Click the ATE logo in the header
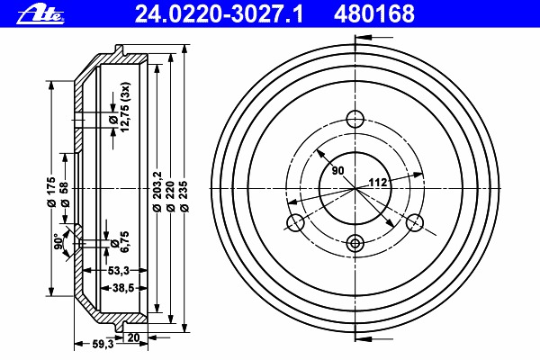[x=40, y=15]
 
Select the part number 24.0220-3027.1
[x=219, y=13]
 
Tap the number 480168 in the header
[x=374, y=13]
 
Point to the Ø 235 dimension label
[x=184, y=195]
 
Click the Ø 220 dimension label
[x=170, y=195]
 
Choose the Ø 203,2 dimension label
[x=157, y=191]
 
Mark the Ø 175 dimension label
[x=51, y=192]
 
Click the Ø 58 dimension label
[x=65, y=194]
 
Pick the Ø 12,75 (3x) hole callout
[x=120, y=107]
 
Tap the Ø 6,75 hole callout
[x=120, y=241]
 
